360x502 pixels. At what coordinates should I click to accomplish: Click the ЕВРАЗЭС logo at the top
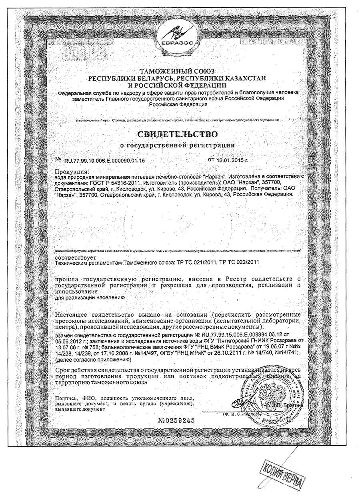tap(180, 32)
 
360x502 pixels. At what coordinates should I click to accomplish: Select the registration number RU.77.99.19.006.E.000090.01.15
tap(104, 160)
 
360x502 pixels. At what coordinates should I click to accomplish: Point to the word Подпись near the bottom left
tap(66, 398)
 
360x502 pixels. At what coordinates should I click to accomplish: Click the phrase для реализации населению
tap(90, 297)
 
